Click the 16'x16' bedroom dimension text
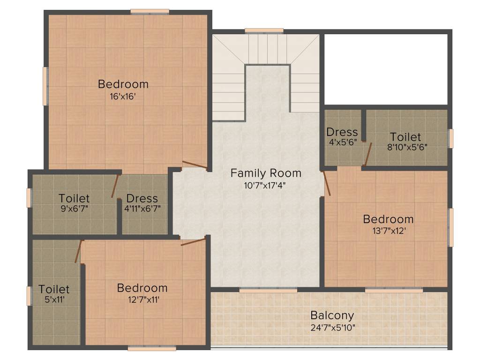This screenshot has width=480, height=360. point(123,97)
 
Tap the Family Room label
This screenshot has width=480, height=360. point(266,173)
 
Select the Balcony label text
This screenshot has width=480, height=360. point(332,315)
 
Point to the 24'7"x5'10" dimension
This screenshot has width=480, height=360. point(332,327)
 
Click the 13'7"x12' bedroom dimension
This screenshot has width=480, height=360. point(388,231)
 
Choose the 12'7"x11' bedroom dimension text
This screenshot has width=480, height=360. point(142,300)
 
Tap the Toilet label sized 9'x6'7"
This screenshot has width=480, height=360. point(74,198)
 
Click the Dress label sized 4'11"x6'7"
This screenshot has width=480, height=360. point(142,198)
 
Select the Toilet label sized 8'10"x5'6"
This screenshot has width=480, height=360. point(405,137)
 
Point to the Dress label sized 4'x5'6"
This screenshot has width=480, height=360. point(342,132)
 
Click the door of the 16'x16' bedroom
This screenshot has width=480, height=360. point(194,165)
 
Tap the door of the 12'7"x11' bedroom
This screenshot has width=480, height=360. point(193,242)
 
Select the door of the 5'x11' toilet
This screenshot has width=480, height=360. point(78,252)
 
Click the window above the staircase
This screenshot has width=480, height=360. point(264,31)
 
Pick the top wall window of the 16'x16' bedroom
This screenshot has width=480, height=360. point(150,12)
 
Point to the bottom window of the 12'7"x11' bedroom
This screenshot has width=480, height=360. point(151,348)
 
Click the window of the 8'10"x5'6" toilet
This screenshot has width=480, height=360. point(451,138)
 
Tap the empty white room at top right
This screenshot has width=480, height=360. point(386,69)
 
